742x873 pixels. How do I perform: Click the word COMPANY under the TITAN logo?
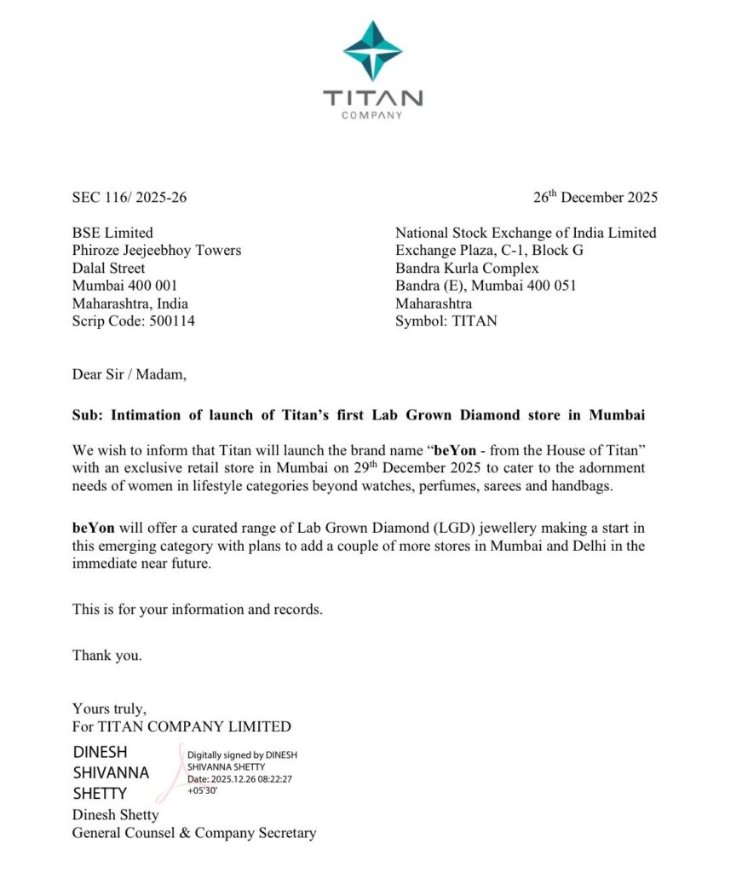coord(371,115)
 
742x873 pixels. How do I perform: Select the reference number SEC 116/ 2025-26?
coord(129,198)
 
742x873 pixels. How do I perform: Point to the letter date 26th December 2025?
coord(595,197)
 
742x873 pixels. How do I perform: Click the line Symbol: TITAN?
coord(446,321)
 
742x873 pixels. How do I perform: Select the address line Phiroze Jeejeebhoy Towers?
coord(156,250)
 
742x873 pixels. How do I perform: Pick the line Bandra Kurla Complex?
coord(467,268)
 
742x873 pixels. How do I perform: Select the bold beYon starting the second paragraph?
coord(93,527)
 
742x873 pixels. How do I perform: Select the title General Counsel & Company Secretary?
coord(193,833)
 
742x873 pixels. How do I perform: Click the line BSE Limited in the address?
coord(112,232)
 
